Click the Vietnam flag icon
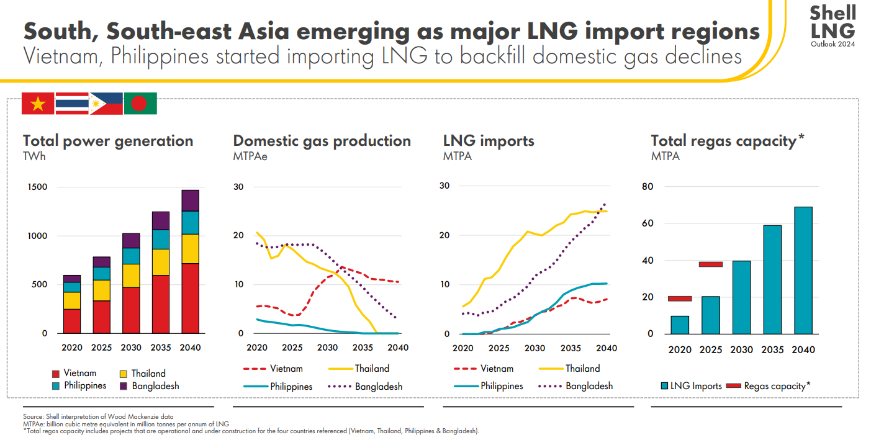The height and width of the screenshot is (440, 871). [x=38, y=104]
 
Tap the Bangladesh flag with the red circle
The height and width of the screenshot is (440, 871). [x=140, y=104]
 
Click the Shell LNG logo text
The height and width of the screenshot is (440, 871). [x=833, y=22]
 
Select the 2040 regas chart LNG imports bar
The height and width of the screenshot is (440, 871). [x=803, y=270]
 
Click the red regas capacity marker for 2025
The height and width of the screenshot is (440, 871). [x=711, y=264]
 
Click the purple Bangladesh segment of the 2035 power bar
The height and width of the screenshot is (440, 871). [x=161, y=220]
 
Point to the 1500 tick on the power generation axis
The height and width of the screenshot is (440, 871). [x=37, y=187]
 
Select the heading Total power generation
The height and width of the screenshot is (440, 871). [x=108, y=141]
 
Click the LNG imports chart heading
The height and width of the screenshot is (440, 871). [x=489, y=141]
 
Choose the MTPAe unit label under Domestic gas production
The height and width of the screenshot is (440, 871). [x=250, y=156]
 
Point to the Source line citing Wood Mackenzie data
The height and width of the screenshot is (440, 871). [x=98, y=416]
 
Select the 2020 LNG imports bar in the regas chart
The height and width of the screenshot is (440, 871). [x=680, y=325]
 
